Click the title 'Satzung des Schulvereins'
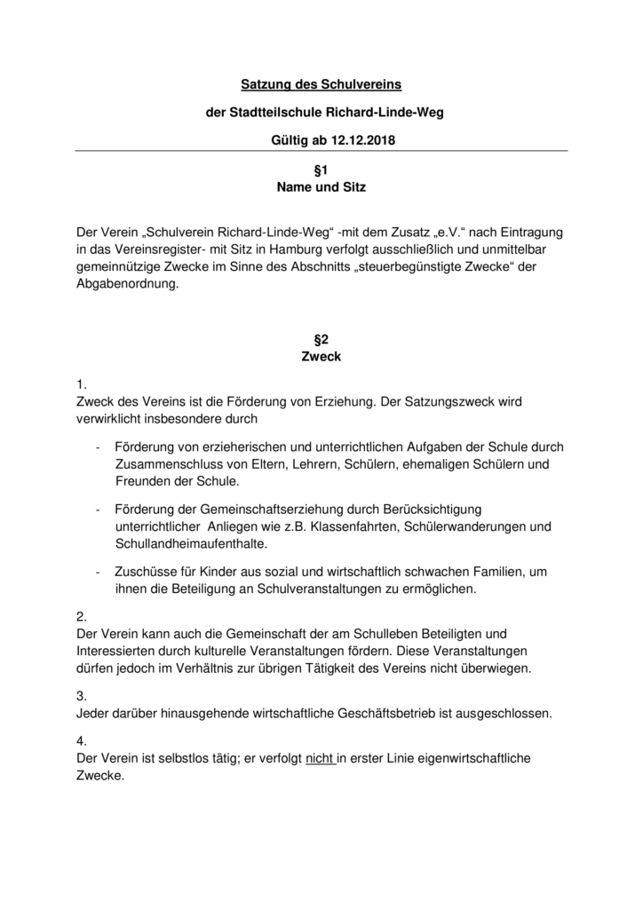[x=321, y=85]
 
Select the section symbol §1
[x=321, y=170]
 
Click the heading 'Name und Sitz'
[x=321, y=187]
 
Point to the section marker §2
[x=321, y=339]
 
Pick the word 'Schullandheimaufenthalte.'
[x=191, y=544]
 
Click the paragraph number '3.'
[x=83, y=696]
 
